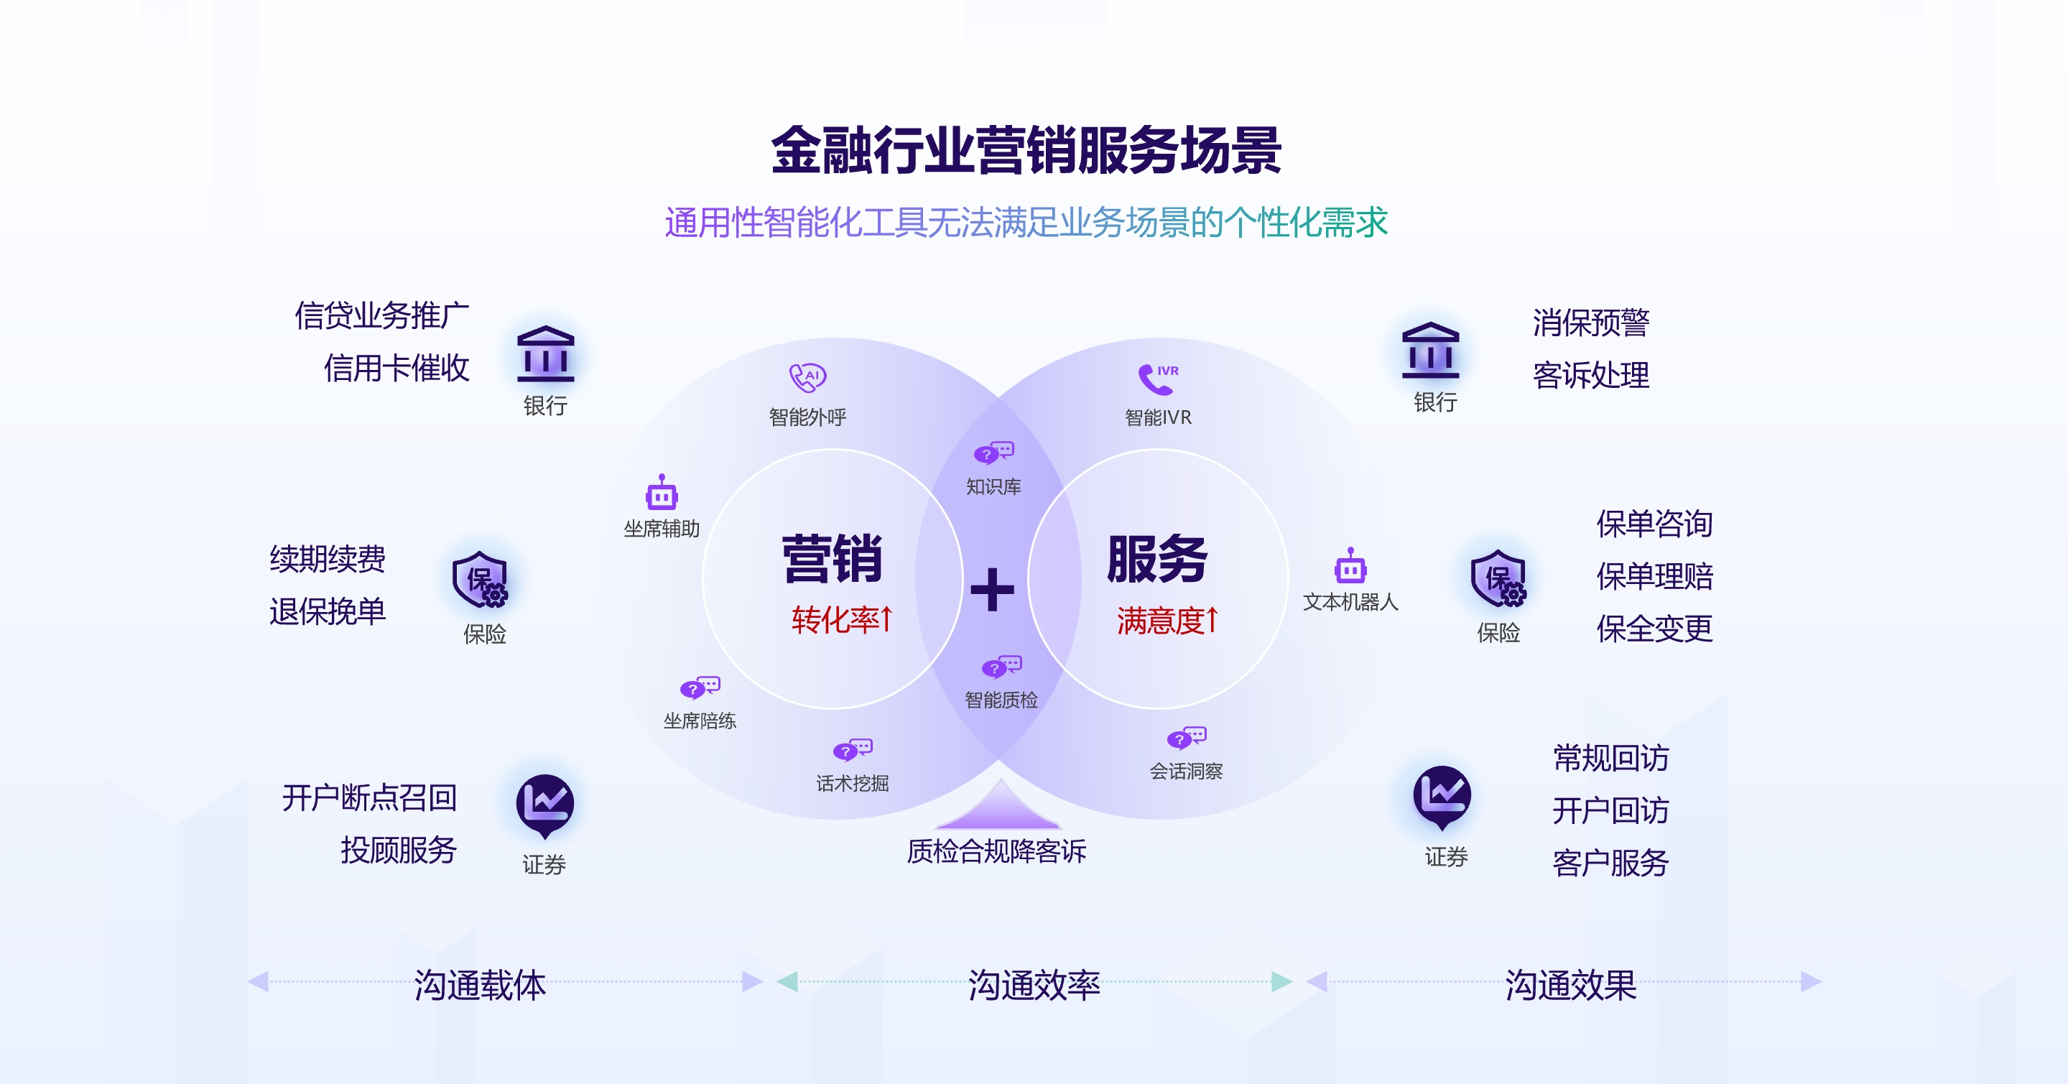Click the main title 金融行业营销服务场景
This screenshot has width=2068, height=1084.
tap(1026, 151)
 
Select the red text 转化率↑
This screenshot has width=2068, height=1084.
tap(841, 620)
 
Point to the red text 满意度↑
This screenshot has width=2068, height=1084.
tap(1167, 621)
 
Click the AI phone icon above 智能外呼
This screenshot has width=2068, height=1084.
tap(807, 377)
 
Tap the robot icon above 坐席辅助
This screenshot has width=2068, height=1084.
tap(662, 493)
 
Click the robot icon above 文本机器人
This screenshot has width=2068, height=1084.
tap(1350, 567)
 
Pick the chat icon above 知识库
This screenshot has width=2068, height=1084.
tap(994, 453)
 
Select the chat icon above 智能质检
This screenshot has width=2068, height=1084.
tap(1001, 667)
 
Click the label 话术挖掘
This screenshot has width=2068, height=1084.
tap(853, 783)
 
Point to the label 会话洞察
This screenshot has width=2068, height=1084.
tap(1186, 771)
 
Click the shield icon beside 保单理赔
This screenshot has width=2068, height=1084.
tap(1498, 579)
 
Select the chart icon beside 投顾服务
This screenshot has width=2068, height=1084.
tap(544, 804)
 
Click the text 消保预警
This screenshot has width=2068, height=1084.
tap(1590, 323)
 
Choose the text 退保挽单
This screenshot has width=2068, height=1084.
tap(328, 612)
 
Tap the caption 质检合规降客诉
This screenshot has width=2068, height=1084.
tap(996, 851)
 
